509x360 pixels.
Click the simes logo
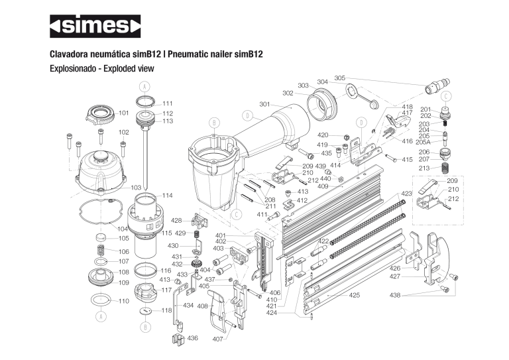(95, 26)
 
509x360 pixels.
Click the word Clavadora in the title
(72, 54)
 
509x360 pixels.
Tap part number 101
(124, 113)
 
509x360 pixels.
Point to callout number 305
(340, 78)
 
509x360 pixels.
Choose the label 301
(265, 105)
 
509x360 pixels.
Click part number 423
(407, 194)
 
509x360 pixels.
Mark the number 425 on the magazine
(355, 295)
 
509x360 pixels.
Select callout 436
(193, 338)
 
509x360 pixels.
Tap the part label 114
(167, 196)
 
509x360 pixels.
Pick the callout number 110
(124, 302)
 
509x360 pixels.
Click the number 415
(407, 160)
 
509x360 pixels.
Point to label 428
(176, 221)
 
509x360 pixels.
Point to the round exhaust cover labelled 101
(101, 115)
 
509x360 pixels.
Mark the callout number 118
(167, 310)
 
